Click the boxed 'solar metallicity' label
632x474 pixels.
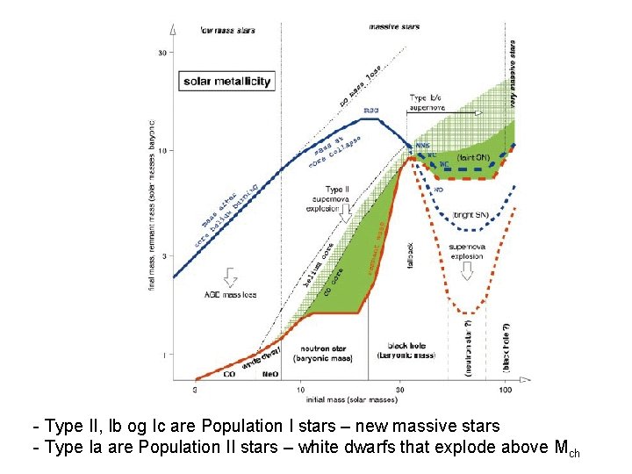click(x=227, y=82)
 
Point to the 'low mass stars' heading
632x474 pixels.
click(x=227, y=30)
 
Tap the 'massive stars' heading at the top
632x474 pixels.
click(x=394, y=26)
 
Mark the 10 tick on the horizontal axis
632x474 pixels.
click(x=300, y=389)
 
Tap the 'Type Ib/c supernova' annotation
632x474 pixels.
click(x=427, y=102)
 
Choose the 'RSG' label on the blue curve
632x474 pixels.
click(x=372, y=111)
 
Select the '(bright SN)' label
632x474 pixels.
click(x=473, y=213)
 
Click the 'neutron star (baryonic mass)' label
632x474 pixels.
click(x=327, y=353)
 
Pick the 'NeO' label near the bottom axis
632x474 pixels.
click(x=271, y=375)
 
